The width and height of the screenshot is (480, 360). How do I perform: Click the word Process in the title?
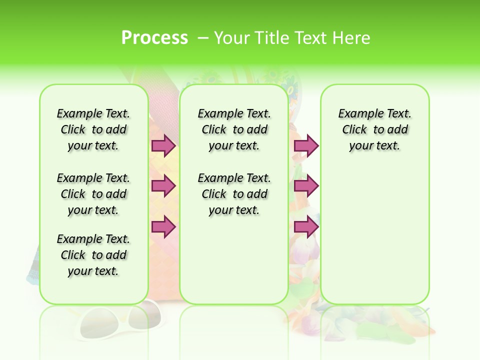(154, 38)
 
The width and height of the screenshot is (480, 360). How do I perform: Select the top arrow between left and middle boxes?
(163, 145)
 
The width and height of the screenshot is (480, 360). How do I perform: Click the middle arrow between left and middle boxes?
(163, 186)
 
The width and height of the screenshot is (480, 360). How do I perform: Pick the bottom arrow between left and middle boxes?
(163, 227)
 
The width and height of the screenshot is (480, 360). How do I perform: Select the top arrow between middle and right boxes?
(306, 145)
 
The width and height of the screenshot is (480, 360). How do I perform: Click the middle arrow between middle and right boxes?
(306, 186)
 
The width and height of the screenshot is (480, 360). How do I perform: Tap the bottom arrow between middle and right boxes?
(306, 227)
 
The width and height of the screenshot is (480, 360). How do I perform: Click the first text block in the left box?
(93, 129)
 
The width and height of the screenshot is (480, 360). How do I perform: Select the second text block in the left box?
(93, 194)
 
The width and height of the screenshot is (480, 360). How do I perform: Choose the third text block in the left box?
(93, 255)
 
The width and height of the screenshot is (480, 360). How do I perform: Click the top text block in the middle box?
(234, 129)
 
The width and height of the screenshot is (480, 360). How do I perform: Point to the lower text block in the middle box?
(234, 194)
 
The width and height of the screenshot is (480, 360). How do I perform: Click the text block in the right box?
(374, 129)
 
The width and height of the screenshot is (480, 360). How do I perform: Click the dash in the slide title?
(203, 38)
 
